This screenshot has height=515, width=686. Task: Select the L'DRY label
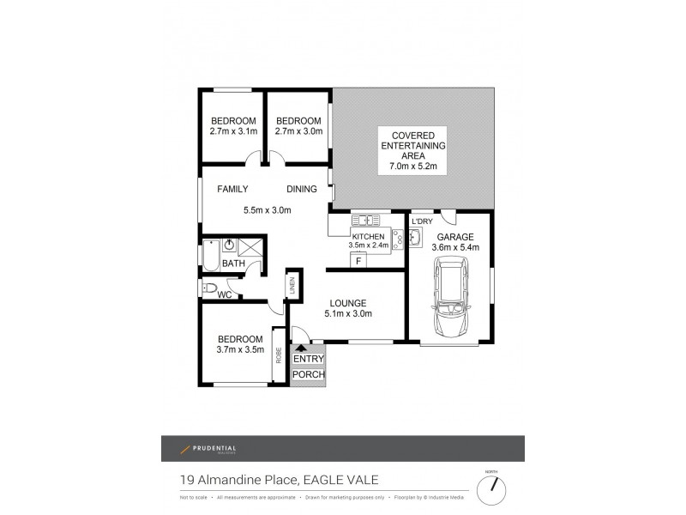tap(422, 221)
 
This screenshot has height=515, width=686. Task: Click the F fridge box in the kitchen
tap(358, 259)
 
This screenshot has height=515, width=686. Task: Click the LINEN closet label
tap(292, 286)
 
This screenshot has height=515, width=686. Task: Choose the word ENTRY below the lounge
tap(309, 359)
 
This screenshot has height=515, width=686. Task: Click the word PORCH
tap(309, 374)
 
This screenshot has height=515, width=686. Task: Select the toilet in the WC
tap(210, 288)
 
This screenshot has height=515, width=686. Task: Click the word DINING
tap(302, 190)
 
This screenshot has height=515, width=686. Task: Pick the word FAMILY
tap(232, 190)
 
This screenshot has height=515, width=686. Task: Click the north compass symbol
tap(492, 490)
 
